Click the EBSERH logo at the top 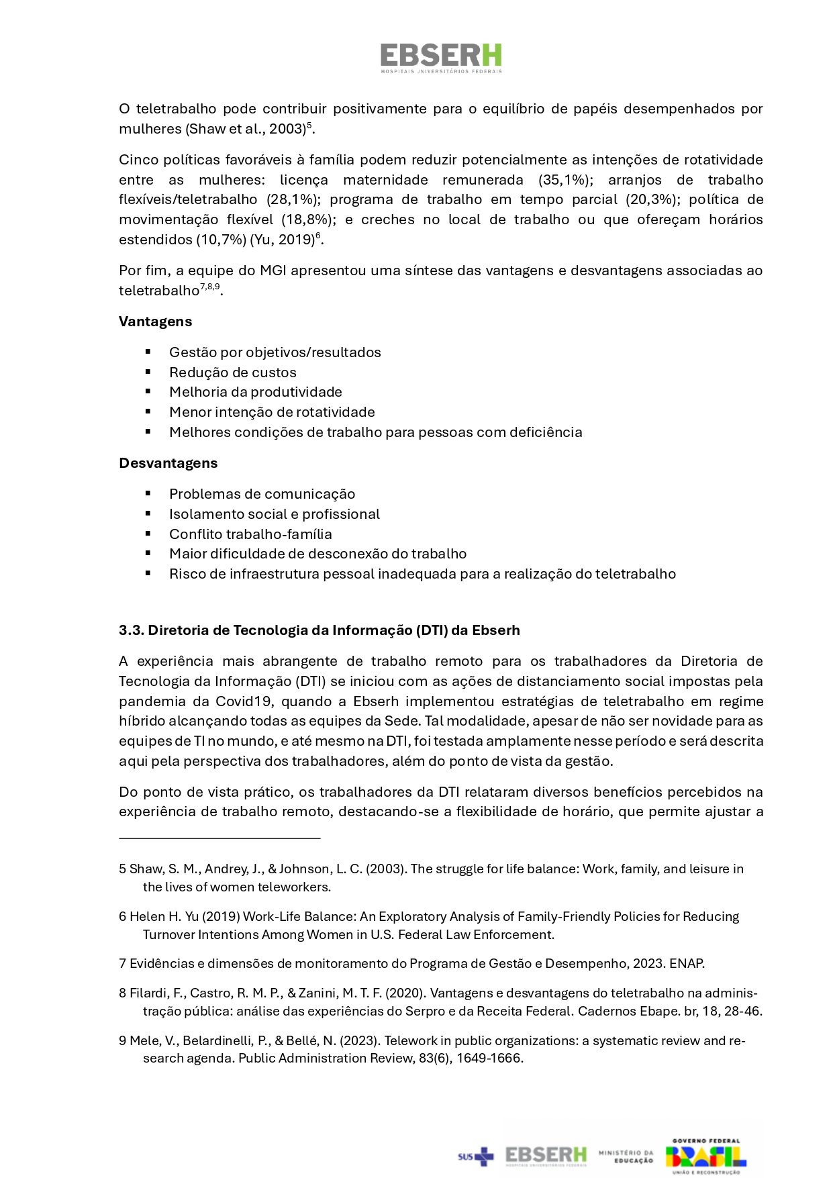pyautogui.click(x=441, y=58)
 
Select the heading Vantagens pyautogui.click(x=155, y=322)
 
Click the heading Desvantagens pyautogui.click(x=168, y=463)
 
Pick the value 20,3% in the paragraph pyautogui.click(x=650, y=199)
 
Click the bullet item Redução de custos pyautogui.click(x=232, y=373)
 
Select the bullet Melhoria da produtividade pyautogui.click(x=255, y=392)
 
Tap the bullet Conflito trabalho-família pyautogui.click(x=250, y=534)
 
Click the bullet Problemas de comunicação pyautogui.click(x=262, y=494)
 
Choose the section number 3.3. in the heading pyautogui.click(x=132, y=630)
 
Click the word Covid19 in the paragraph pyautogui.click(x=244, y=701)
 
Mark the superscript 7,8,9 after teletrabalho pyautogui.click(x=210, y=287)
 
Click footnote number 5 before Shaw pyautogui.click(x=122, y=869)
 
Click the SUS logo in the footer pyautogui.click(x=475, y=1156)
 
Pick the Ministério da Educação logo pyautogui.click(x=626, y=1156)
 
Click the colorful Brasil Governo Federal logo pyautogui.click(x=705, y=1156)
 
